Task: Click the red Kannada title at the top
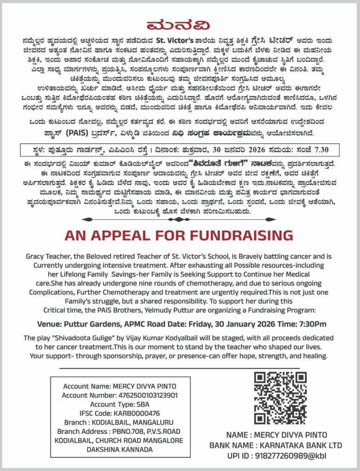click(180, 25)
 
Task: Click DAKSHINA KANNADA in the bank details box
click(119, 449)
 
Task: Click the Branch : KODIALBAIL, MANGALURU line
click(119, 422)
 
